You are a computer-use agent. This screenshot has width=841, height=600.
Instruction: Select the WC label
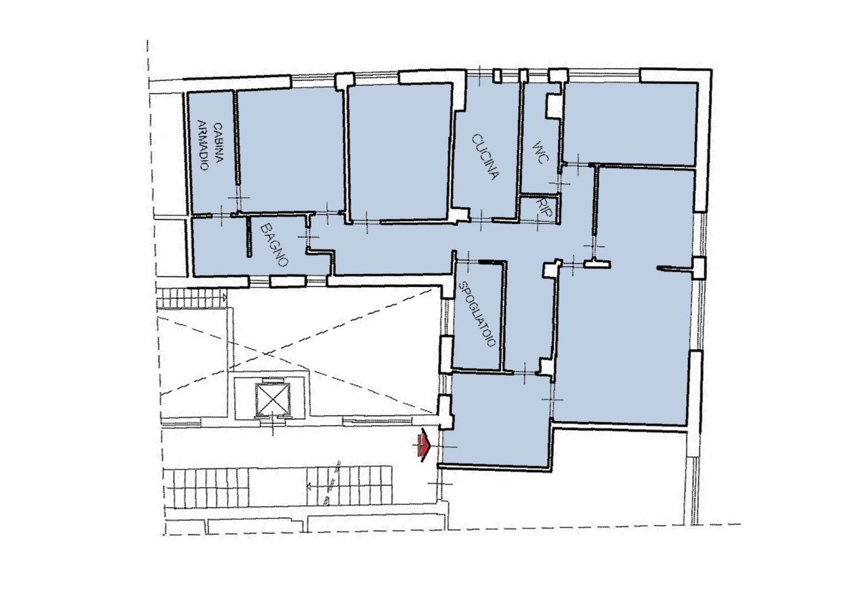tap(541, 153)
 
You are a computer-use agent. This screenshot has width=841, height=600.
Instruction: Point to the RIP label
tap(544, 207)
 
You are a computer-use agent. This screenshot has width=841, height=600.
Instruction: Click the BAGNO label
tap(274, 245)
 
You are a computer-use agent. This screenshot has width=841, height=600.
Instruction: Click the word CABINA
tap(218, 142)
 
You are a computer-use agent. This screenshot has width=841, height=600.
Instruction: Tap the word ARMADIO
tap(203, 145)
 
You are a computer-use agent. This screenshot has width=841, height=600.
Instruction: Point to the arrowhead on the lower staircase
tap(309, 487)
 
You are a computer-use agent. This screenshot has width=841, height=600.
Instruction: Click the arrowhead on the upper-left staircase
tap(224, 298)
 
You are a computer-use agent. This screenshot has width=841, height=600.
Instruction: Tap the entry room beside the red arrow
tap(496, 420)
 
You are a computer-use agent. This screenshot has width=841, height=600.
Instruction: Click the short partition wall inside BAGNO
tap(249, 237)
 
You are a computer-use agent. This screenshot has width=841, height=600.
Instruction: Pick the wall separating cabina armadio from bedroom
tap(237, 138)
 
